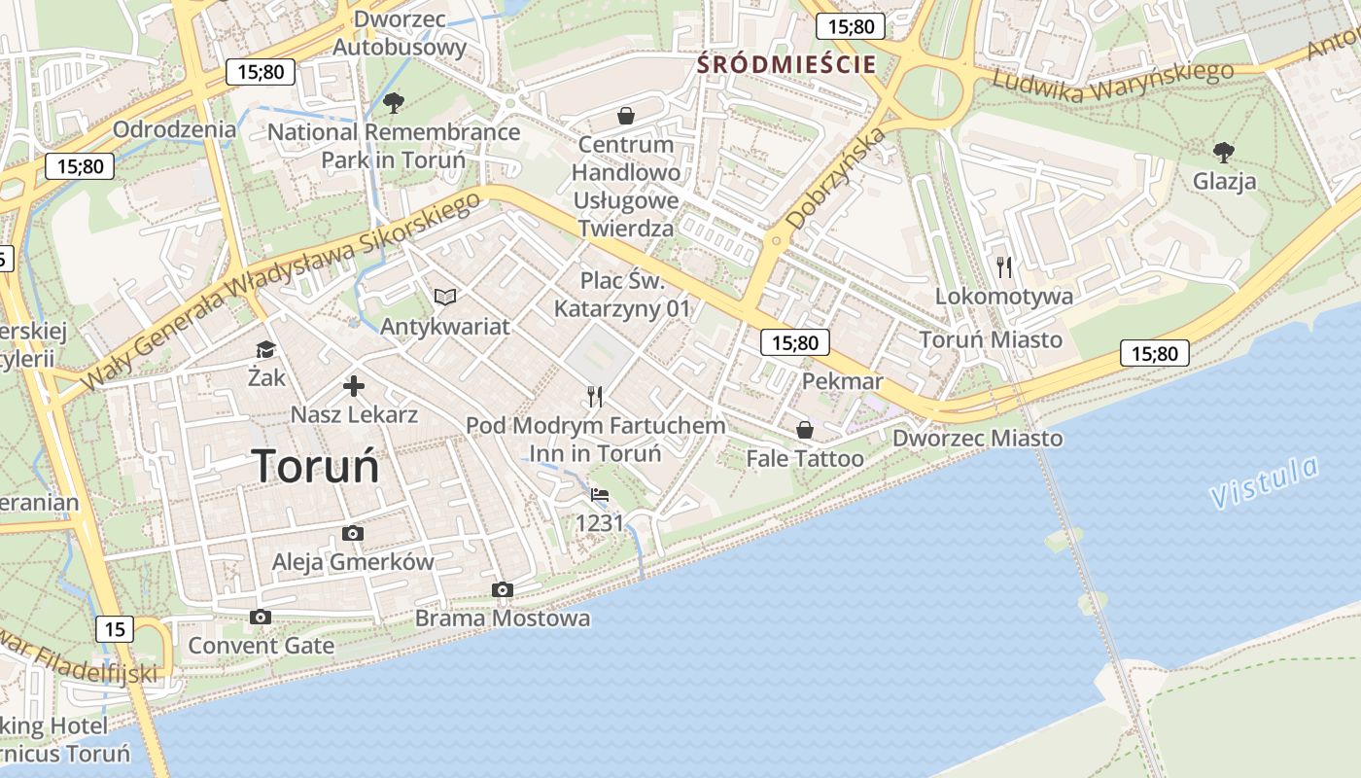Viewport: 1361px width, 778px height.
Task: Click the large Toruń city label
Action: [316, 466]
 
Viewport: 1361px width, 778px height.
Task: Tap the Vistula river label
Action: [1265, 482]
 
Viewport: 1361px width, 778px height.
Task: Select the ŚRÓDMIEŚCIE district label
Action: [787, 65]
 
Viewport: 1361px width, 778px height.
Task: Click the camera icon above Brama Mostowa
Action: [503, 589]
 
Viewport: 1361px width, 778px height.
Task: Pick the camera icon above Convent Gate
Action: [260, 617]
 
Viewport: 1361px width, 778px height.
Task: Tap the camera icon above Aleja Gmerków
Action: [353, 533]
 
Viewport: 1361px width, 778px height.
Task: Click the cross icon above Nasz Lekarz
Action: [354, 387]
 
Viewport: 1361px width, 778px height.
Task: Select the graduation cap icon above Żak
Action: [265, 349]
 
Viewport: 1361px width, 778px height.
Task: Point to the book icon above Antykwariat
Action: [445, 297]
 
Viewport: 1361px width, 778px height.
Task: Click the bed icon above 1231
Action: [600, 495]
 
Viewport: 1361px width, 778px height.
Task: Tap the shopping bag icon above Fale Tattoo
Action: [805, 430]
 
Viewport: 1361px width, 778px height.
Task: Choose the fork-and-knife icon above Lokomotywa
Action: [1004, 266]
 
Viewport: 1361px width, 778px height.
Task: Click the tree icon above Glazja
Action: [1224, 152]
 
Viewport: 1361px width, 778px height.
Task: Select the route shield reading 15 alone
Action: [115, 629]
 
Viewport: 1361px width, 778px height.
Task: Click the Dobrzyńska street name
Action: [836, 178]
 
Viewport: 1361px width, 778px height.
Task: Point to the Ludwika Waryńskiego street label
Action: [1112, 83]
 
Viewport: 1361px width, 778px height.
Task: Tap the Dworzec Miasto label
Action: [977, 439]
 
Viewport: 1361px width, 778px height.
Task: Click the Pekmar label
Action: [842, 381]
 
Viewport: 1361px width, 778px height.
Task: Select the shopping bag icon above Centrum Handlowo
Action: [626, 116]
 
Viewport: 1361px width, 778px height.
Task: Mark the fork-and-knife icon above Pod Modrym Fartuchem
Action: [595, 396]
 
